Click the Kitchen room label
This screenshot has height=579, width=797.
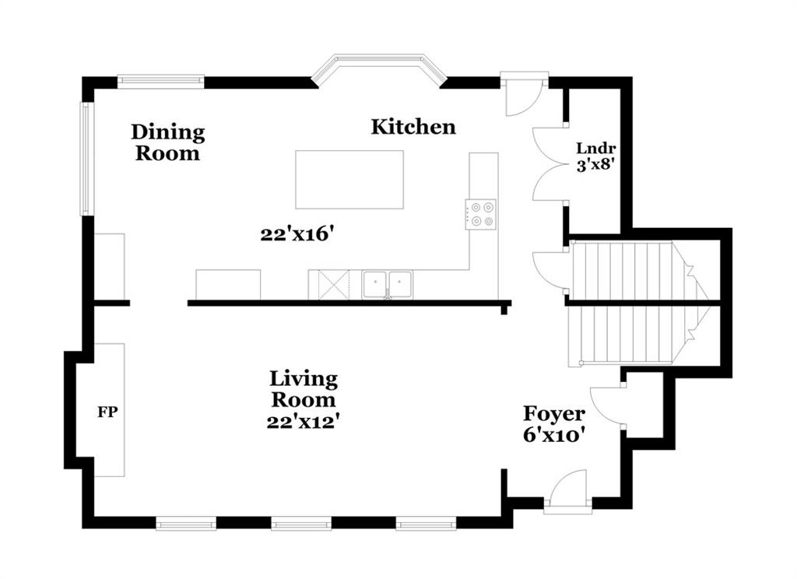[x=413, y=127]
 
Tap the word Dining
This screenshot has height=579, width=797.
[x=168, y=132]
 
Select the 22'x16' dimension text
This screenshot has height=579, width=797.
[x=297, y=234]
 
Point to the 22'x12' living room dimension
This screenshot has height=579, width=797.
[x=304, y=422]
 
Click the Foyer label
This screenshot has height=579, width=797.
[x=554, y=414]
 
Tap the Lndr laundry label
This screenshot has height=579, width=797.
[x=595, y=149]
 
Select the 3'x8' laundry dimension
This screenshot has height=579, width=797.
[x=596, y=165]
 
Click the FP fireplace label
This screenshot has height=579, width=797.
[x=107, y=412]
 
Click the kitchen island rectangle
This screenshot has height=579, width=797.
[x=349, y=180]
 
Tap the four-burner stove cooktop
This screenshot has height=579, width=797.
[x=481, y=214]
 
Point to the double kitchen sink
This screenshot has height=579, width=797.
[x=388, y=285]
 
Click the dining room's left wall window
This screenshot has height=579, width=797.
[x=86, y=159]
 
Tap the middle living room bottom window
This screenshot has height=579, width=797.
[x=301, y=523]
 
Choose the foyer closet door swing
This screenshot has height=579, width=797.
[x=605, y=405]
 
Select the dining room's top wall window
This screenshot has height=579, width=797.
[x=160, y=81]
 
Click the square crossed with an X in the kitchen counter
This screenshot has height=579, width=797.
[x=334, y=285]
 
